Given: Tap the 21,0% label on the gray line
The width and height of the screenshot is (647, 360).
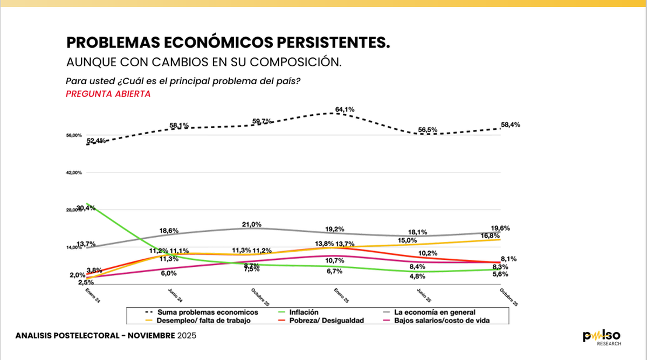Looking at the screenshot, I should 252,224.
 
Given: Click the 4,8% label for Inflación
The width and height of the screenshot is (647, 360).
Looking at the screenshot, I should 417,276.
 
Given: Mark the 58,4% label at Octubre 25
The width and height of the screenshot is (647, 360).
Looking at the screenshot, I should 510,124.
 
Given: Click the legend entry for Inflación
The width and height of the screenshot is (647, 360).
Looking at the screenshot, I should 303,312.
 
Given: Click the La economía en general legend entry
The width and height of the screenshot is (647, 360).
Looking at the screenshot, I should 434,312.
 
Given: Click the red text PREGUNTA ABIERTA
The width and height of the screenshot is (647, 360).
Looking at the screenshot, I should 108,94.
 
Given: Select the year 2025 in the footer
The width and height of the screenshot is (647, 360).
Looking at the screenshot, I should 187,336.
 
